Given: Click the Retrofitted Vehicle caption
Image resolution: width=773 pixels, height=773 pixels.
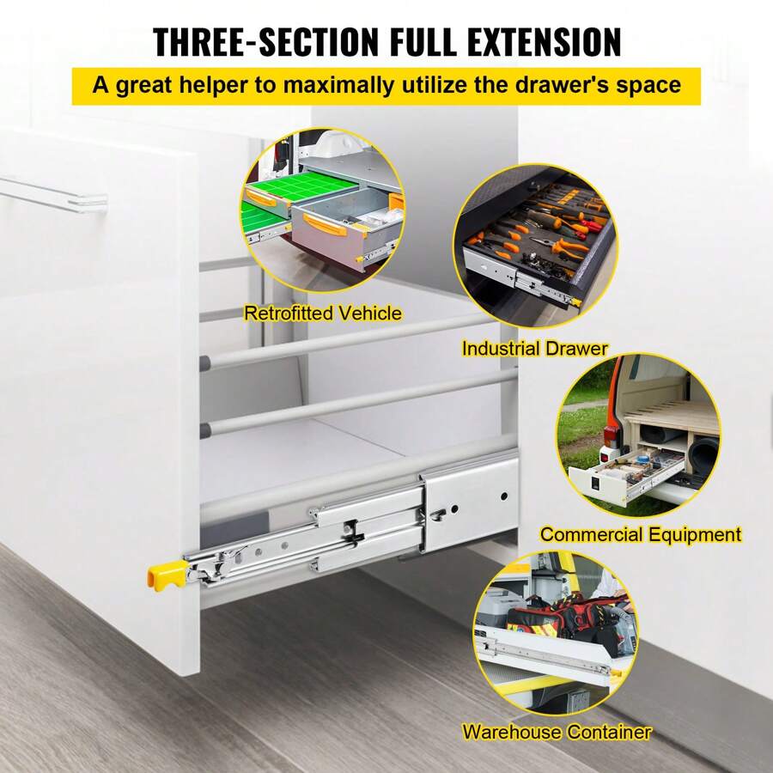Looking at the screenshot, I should point(322,313).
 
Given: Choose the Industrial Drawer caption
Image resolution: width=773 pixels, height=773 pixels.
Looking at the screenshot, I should point(534,349).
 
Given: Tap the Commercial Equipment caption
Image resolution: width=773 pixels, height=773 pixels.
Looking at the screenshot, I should point(640,534).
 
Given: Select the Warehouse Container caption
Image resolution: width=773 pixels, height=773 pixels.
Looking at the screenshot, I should point(557,733).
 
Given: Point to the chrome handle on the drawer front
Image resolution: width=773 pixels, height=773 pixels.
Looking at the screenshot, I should point(52,192).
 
